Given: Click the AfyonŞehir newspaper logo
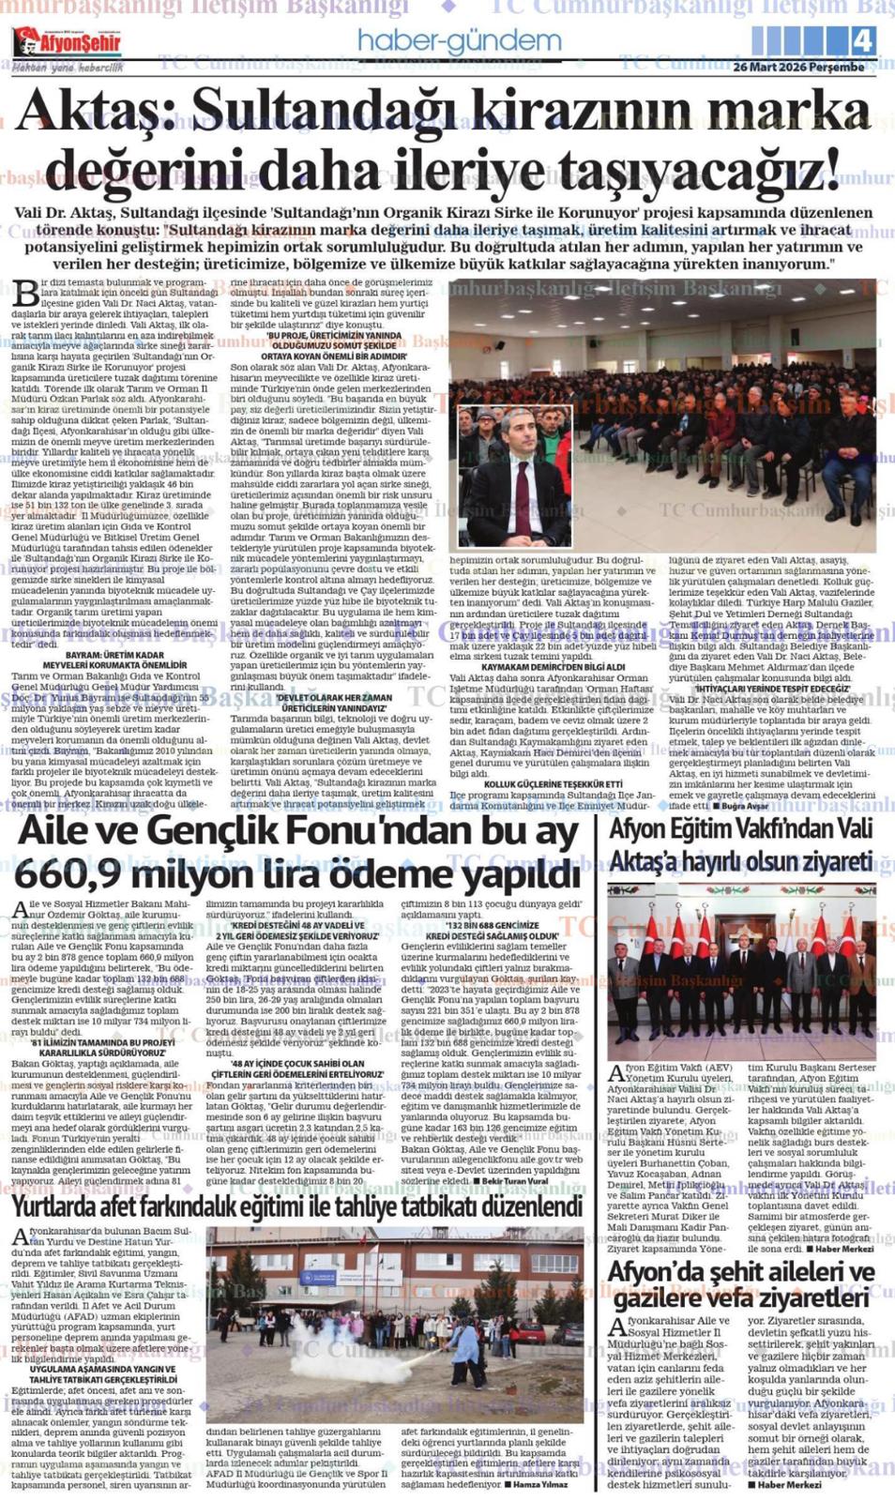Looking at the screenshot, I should click(67, 42).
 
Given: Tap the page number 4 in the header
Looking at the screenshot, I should click(862, 40).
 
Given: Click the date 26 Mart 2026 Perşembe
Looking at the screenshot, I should click(798, 68).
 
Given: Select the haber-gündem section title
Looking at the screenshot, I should click(459, 40).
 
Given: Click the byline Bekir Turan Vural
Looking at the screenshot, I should click(513, 1181).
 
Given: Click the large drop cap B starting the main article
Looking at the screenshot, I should click(26, 293).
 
